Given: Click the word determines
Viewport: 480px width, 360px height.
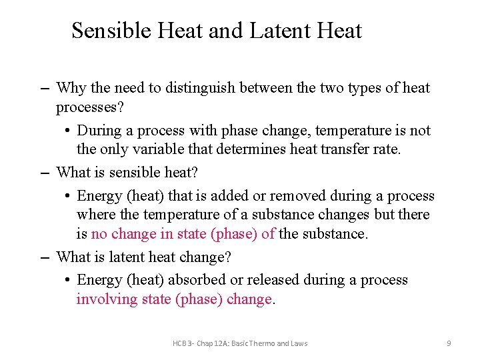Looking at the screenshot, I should pyautogui.click(x=217, y=149).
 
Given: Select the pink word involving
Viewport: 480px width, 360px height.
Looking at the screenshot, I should pyautogui.click(x=107, y=299).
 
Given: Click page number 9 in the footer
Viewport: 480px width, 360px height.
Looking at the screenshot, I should pyautogui.click(x=449, y=343).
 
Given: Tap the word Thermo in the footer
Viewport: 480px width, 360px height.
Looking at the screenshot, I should pyautogui.click(x=261, y=343).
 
